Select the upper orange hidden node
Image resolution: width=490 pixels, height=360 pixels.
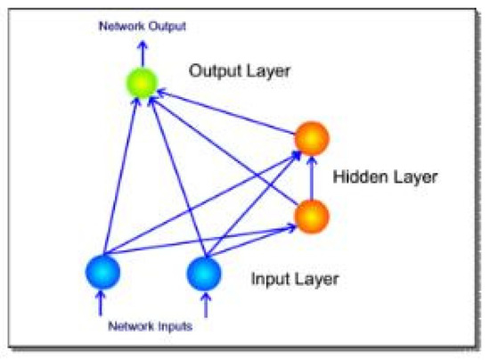(312, 139)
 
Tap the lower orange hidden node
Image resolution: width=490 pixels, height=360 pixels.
(312, 214)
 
